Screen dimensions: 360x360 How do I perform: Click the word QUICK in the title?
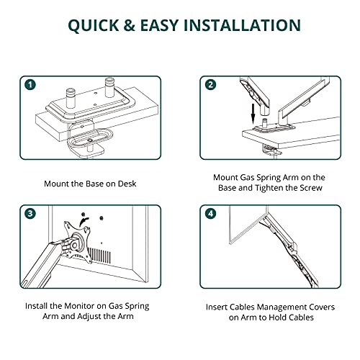93,25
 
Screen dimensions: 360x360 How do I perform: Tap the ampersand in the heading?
129,25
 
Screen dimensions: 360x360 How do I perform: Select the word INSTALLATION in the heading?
242,25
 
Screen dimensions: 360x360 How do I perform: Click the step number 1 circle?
30,85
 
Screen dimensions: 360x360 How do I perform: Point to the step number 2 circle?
210,85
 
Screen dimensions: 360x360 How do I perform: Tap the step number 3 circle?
30,214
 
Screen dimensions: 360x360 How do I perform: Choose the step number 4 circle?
210,214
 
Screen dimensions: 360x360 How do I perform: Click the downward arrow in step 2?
253,114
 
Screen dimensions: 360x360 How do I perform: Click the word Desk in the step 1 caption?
127,184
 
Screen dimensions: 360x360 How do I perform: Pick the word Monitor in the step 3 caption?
79,306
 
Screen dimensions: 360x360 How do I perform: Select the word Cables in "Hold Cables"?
301,318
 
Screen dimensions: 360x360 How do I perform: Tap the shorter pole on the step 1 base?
71,98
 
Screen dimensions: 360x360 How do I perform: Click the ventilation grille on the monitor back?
99,255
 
